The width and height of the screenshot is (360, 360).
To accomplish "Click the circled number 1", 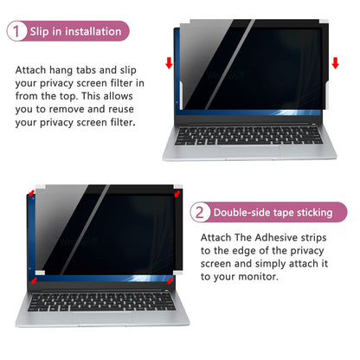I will coord(17,32).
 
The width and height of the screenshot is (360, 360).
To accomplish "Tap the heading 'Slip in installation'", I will coord(76,32).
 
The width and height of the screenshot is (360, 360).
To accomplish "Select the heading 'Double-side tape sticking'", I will coord(273,212).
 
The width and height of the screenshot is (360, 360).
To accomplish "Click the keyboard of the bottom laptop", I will coord(102,304).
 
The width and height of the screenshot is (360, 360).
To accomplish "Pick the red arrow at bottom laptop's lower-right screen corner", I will coord(168,280).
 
